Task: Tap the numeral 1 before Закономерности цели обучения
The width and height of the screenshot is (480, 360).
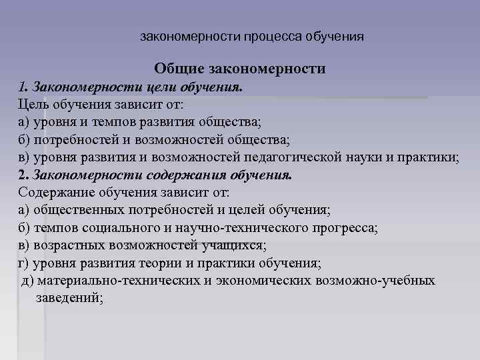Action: (22, 87)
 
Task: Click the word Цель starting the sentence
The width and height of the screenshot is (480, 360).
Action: (35, 105)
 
